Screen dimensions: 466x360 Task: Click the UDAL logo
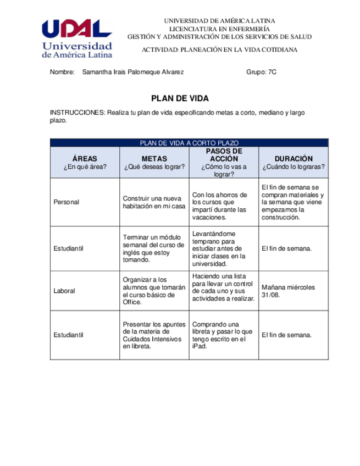point(77,37)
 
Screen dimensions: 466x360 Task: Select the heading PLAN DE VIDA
point(180,98)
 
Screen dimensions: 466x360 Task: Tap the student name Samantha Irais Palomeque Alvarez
point(132,72)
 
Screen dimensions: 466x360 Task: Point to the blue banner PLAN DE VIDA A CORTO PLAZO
point(189,143)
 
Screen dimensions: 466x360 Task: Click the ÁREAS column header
point(85,159)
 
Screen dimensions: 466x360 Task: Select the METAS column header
point(154,159)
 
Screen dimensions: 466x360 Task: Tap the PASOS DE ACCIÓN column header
point(224,155)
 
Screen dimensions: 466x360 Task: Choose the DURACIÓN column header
point(293,159)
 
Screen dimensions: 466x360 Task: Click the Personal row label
point(67,202)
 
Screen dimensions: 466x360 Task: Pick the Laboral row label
point(64,291)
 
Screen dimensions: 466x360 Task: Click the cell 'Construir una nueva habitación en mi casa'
point(154,202)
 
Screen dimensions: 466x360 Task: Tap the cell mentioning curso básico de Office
point(154,291)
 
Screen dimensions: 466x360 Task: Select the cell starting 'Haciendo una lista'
point(223,287)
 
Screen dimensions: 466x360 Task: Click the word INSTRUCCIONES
point(77,113)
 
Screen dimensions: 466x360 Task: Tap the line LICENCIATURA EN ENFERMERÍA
point(219,29)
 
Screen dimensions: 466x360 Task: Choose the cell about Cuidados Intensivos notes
point(154,335)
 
